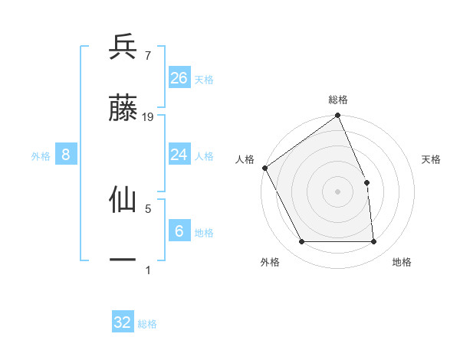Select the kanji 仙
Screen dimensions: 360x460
[x=123, y=199]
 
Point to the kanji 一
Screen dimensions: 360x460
[x=123, y=260]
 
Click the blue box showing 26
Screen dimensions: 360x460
[x=179, y=77]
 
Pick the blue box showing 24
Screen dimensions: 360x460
[x=179, y=155]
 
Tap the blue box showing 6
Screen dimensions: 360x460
[x=179, y=231]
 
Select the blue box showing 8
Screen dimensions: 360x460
[x=66, y=155]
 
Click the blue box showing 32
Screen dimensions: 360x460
[x=123, y=322]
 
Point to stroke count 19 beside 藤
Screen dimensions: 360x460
[x=149, y=117]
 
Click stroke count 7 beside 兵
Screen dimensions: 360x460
[x=147, y=55]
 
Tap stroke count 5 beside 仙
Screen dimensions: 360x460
[x=147, y=208]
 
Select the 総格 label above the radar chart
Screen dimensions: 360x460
[x=338, y=100]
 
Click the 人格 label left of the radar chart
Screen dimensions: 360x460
[x=245, y=159]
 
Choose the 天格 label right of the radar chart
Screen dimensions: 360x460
[x=432, y=159]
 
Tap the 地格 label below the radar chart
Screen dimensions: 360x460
[x=402, y=262]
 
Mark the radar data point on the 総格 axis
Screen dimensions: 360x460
[x=338, y=116]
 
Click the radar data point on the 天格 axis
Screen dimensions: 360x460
[x=366, y=182]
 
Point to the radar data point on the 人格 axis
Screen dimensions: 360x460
[x=264, y=168]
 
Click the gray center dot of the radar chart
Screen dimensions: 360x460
[x=338, y=191]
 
